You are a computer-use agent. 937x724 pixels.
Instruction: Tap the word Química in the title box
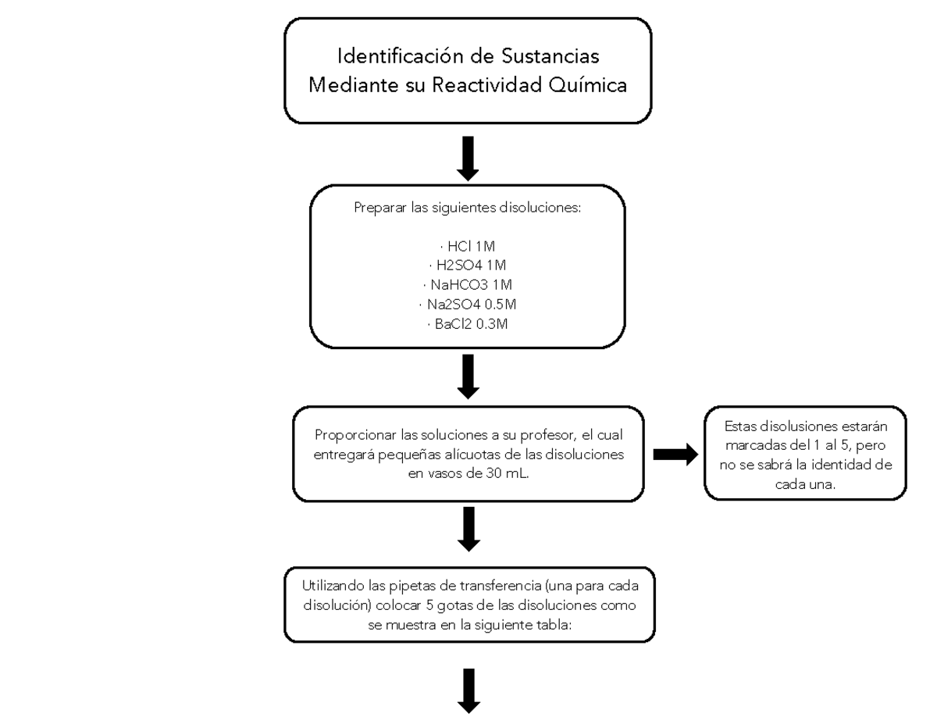(x=588, y=85)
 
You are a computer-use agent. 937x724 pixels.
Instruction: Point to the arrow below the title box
(x=468, y=159)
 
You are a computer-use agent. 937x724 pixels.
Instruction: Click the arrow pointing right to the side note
(x=675, y=455)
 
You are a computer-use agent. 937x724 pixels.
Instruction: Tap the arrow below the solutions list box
(x=468, y=377)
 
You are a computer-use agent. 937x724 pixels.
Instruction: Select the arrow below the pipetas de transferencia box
(x=468, y=690)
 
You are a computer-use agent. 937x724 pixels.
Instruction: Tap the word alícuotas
(x=476, y=455)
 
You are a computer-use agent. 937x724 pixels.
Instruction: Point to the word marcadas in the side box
(x=753, y=445)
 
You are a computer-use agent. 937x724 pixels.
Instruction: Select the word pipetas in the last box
(x=411, y=586)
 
